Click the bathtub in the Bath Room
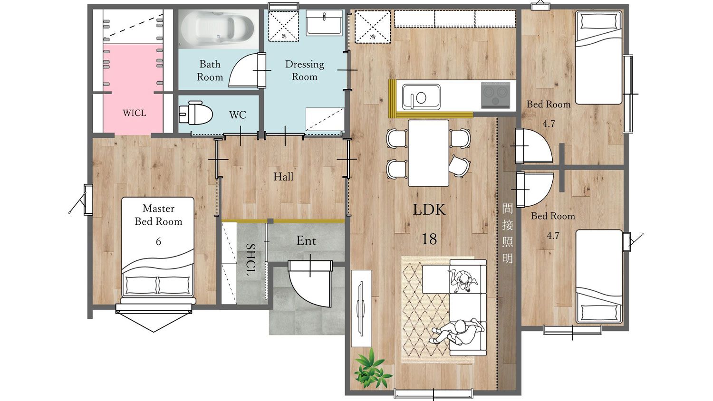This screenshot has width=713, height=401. point(218,29)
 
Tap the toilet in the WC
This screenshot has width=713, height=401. point(195,113)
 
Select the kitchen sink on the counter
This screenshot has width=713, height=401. point(421,97)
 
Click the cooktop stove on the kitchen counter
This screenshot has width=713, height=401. point(495,95)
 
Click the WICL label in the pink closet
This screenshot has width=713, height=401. point(135,113)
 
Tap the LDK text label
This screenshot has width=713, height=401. point(429,210)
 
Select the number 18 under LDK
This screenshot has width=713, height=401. point(429,239)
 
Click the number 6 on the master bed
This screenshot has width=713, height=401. point(158,241)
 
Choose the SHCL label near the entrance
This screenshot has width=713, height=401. point(251,259)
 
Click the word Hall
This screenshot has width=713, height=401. point(283,177)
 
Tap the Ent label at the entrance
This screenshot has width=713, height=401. point(306,241)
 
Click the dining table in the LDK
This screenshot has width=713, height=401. point(428,153)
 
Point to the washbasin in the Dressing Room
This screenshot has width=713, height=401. point(324,23)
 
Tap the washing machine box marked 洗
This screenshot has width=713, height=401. point(284,26)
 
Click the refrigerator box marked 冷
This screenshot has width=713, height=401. point(372,27)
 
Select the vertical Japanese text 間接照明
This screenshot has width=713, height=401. point(507,234)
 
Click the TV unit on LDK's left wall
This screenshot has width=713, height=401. point(361,308)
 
